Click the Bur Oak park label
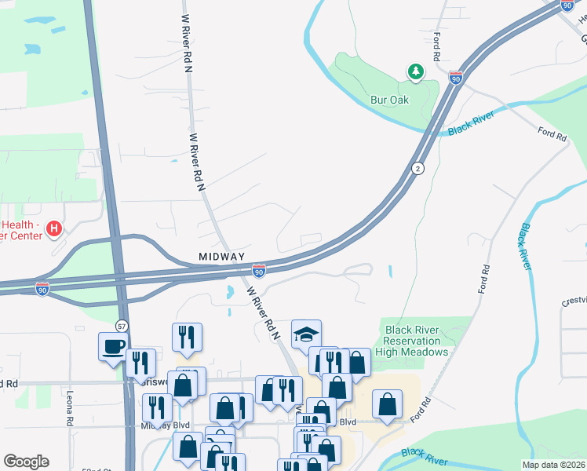[391, 100]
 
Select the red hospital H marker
[54, 229]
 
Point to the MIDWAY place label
[222, 257]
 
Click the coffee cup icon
[113, 345]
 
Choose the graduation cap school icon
[306, 334]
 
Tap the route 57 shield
[121, 326]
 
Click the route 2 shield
[418, 169]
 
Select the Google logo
[26, 462]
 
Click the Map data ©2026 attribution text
[554, 465]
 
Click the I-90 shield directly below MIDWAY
[260, 270]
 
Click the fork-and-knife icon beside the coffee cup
[140, 363]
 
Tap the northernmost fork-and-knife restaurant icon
[187, 337]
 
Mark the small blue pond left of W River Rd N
[228, 293]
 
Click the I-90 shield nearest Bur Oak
[456, 78]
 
